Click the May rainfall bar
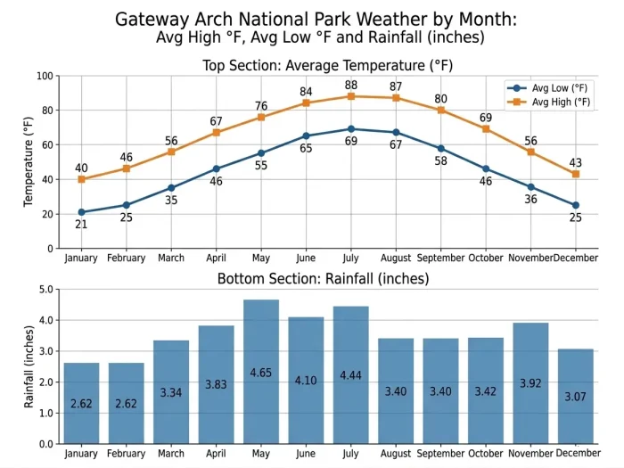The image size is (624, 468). click(261, 372)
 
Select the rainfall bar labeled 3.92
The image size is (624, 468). click(530, 383)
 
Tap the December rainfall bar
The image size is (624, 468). click(575, 396)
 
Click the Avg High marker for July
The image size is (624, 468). click(351, 96)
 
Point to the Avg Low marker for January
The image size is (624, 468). click(82, 212)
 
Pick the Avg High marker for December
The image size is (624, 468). click(575, 174)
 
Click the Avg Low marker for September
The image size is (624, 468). click(440, 148)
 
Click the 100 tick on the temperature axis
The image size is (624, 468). click(45, 76)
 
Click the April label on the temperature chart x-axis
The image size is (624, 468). click(217, 259)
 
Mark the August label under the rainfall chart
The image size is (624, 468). click(396, 454)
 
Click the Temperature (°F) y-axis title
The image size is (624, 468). click(29, 162)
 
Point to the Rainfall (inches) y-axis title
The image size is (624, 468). click(29, 366)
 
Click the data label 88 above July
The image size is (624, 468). click(351, 84)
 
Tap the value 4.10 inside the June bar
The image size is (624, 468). click(306, 381)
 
